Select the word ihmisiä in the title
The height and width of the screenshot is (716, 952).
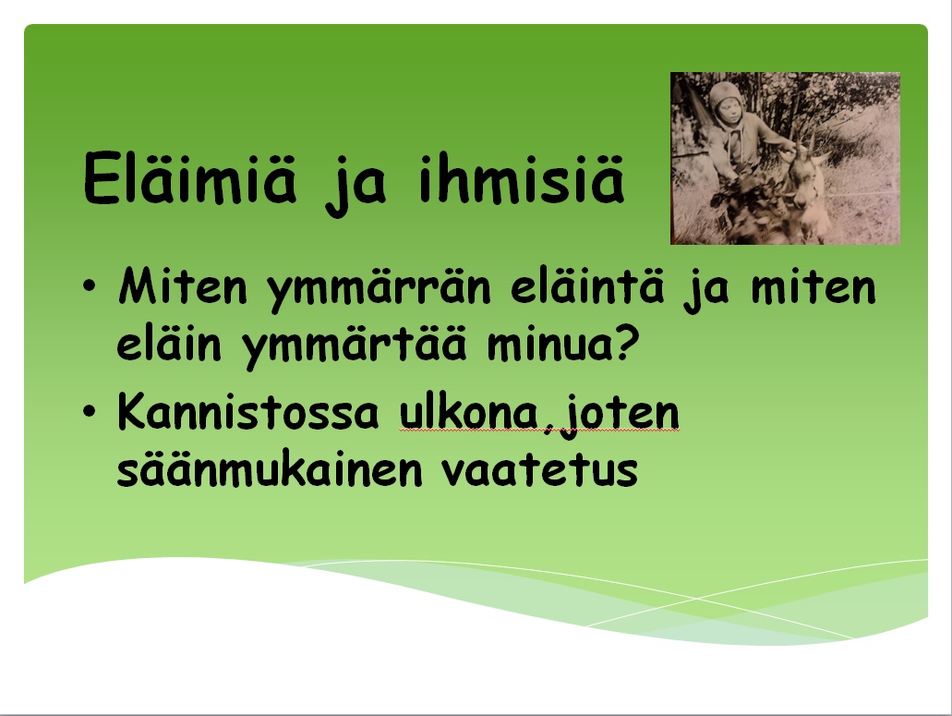[x=522, y=178]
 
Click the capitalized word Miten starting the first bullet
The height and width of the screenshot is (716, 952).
[x=183, y=285]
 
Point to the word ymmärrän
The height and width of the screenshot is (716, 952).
[x=379, y=290]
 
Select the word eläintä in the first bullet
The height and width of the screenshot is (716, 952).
[x=587, y=285]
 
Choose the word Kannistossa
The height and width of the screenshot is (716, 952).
[x=248, y=412]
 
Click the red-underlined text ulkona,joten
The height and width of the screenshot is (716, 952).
[x=539, y=416]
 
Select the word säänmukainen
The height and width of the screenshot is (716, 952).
[x=269, y=469]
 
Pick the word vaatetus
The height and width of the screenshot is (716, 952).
[x=539, y=470]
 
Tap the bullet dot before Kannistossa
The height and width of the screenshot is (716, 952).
[x=90, y=411]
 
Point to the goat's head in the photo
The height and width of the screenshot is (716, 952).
[x=802, y=182]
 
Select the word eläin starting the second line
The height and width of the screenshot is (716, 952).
[x=169, y=344]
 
